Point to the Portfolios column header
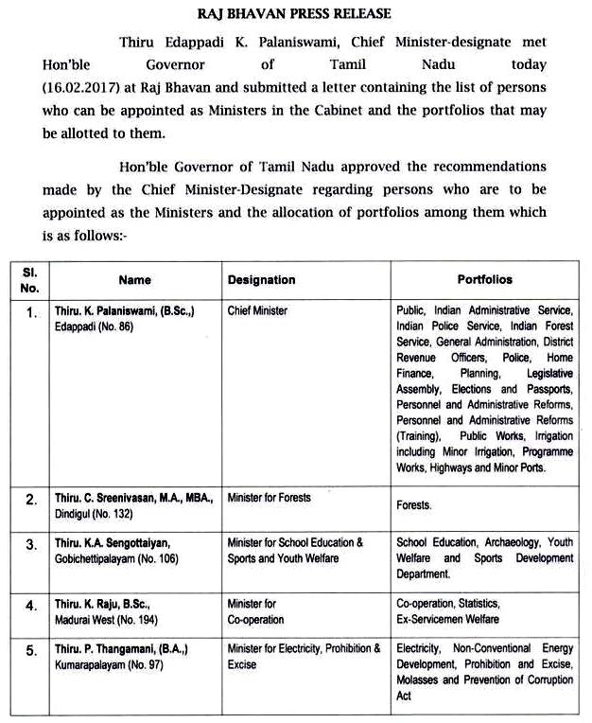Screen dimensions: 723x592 point(484,280)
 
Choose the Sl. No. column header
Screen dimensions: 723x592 point(31,280)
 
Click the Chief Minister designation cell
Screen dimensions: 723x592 point(257,311)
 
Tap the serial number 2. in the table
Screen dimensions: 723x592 point(31,501)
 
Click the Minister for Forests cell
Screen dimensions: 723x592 point(269,498)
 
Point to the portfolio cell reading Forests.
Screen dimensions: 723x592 point(413,506)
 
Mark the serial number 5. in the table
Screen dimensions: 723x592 point(31,651)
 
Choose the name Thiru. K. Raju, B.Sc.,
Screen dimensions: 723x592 point(114,603)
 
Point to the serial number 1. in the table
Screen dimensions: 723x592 point(31,311)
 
